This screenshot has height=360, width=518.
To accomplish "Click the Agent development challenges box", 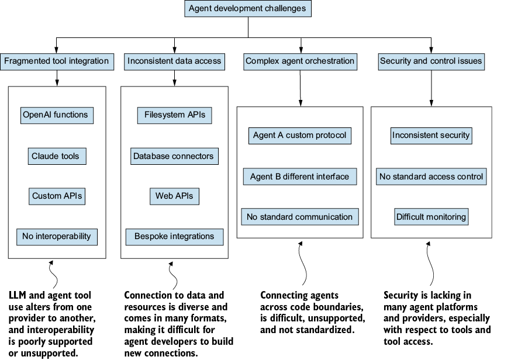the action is click(248, 8).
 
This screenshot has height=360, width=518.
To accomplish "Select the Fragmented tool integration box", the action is click(57, 61).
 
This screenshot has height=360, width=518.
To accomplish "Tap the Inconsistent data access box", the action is click(174, 61).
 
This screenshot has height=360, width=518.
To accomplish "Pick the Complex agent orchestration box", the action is click(301, 61).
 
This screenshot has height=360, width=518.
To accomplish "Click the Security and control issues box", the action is click(431, 61).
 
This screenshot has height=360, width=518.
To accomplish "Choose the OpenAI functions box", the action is click(57, 115).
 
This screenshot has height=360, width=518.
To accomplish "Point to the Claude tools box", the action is click(57, 156).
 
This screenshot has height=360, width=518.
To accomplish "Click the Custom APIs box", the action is click(57, 196).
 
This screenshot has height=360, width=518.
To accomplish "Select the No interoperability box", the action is click(57, 237).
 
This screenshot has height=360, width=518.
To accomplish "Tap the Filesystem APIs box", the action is click(174, 115).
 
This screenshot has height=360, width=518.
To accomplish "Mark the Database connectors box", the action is click(174, 156).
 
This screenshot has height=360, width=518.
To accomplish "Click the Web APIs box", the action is click(174, 196).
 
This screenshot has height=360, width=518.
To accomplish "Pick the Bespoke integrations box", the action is click(174, 237).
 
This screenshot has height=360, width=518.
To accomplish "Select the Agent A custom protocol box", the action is click(300, 136).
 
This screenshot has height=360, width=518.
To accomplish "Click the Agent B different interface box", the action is click(300, 176).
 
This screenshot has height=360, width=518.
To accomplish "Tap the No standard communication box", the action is click(300, 217).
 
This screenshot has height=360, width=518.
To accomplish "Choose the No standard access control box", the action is click(431, 176).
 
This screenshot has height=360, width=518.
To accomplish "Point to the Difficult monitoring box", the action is click(431, 217).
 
